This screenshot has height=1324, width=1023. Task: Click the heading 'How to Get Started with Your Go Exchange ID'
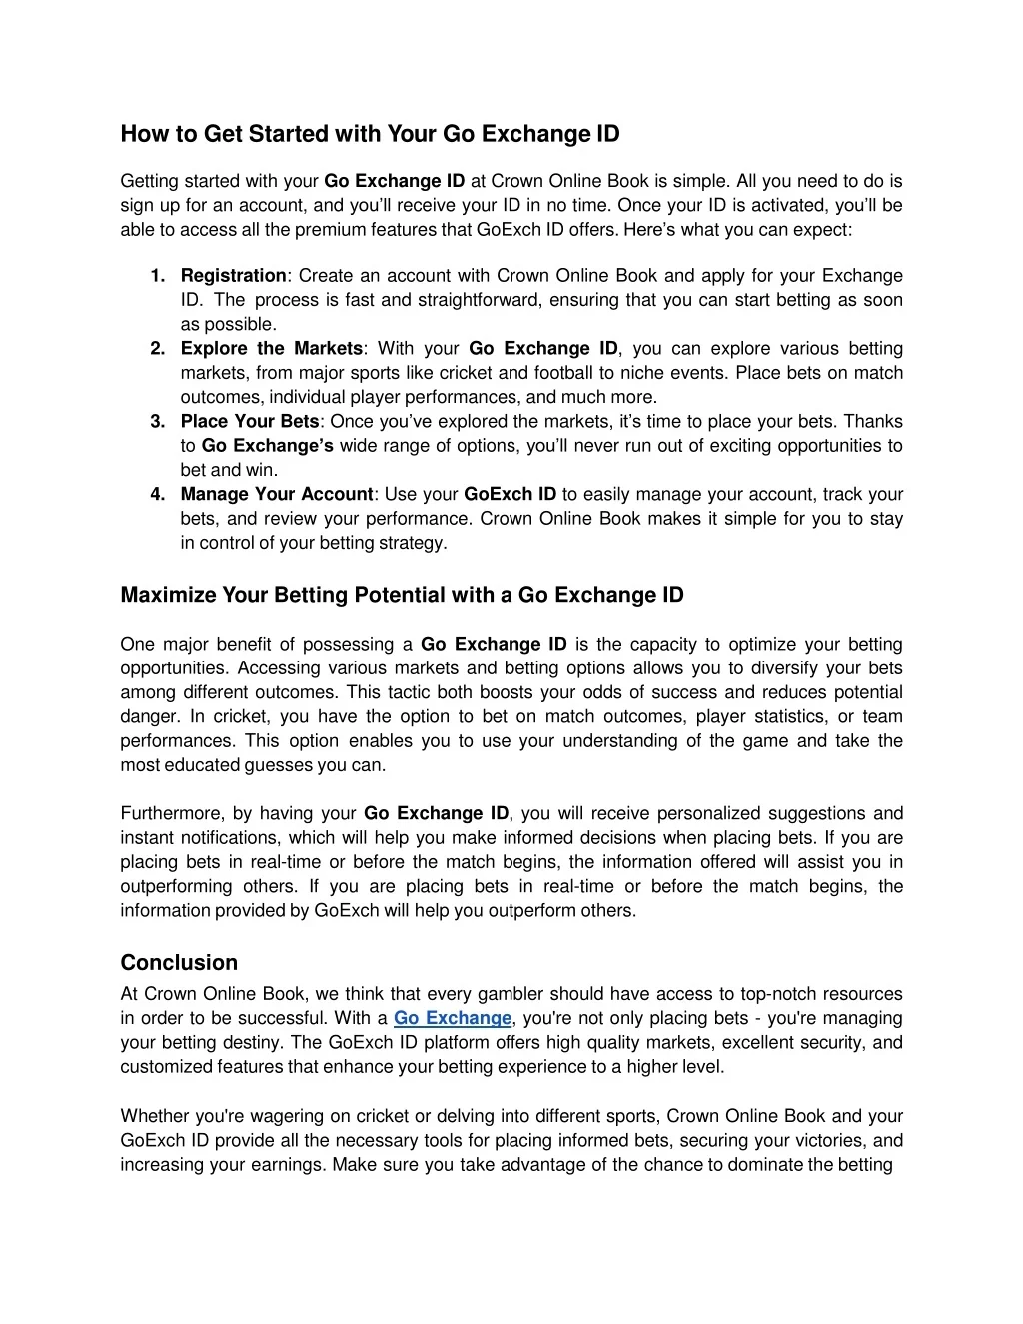point(370,134)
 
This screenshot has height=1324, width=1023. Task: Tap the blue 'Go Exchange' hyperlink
point(452,1018)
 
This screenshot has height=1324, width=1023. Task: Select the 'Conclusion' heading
point(179,963)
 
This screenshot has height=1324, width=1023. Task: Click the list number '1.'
point(158,276)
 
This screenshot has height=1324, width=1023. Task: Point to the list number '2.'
point(158,349)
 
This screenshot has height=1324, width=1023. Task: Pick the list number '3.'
point(158,422)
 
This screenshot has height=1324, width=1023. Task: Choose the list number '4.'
point(158,495)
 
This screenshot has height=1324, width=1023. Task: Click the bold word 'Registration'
point(233,276)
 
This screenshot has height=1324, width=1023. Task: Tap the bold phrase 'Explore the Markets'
point(272,349)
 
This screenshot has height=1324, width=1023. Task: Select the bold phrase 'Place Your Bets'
point(250,422)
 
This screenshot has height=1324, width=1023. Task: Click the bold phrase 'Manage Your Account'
point(277,495)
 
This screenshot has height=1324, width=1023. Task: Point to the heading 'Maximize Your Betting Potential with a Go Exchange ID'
point(402,596)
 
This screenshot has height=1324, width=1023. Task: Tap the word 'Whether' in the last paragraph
point(152,1116)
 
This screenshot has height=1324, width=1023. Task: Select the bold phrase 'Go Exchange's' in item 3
point(267,446)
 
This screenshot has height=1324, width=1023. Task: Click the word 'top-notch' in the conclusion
point(776,994)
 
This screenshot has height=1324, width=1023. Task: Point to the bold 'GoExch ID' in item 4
point(511,495)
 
